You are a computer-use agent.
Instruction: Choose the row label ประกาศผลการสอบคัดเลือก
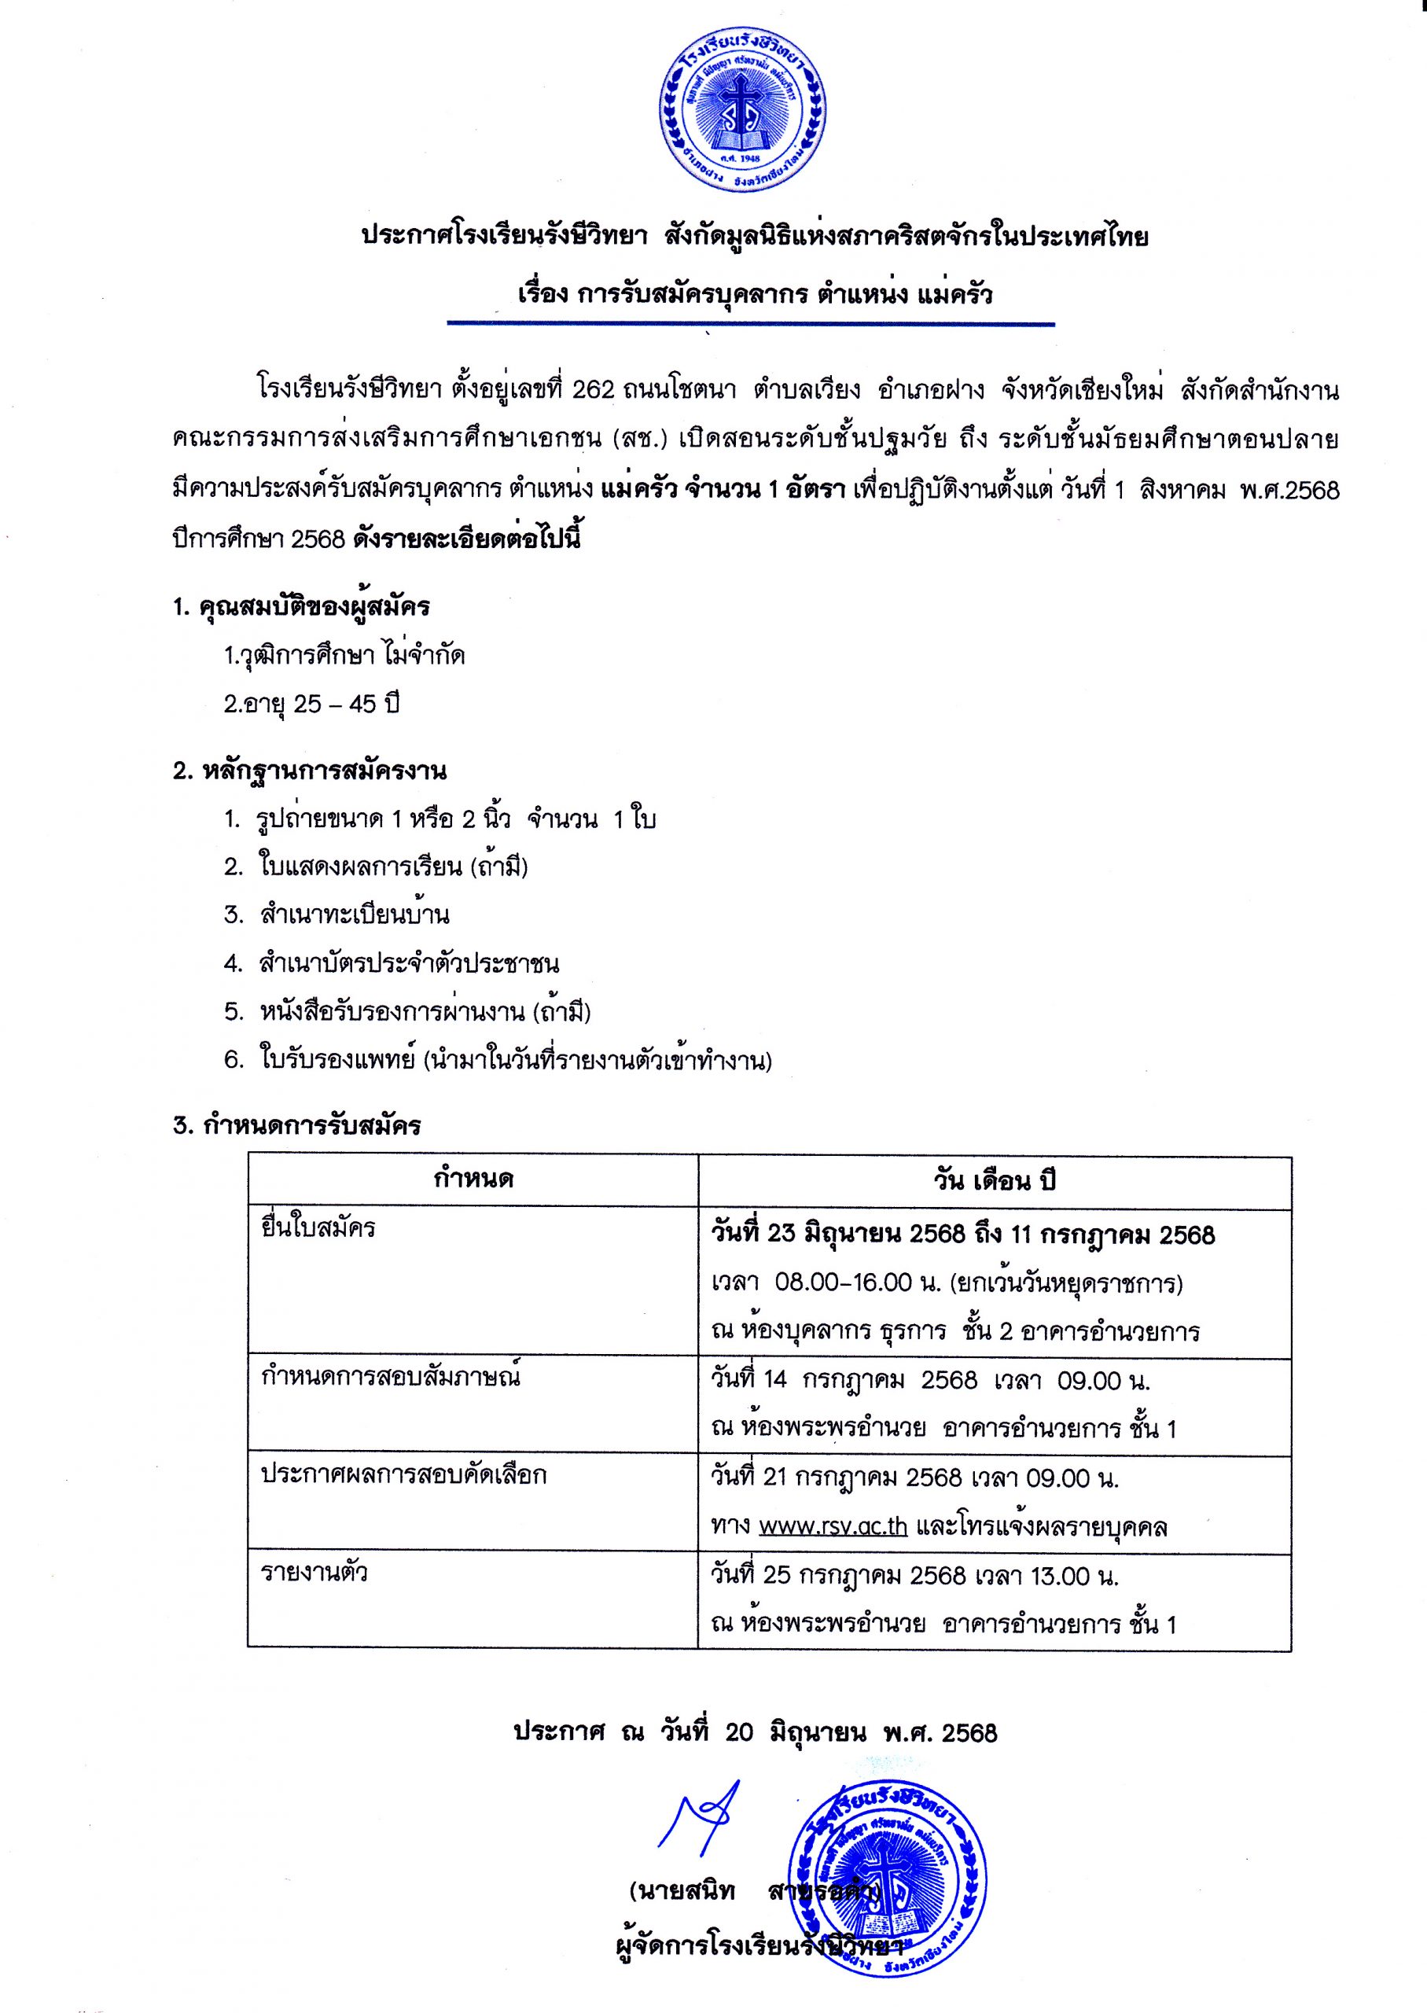(x=403, y=1474)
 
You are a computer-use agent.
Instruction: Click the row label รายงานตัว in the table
(x=314, y=1573)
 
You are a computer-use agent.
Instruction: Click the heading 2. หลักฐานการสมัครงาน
(x=309, y=771)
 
